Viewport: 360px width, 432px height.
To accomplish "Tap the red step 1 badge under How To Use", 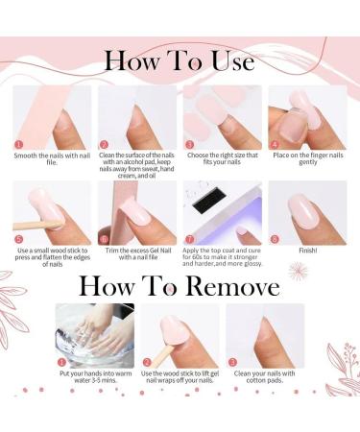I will click(18, 144).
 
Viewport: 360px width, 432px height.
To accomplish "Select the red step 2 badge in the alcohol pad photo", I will click(103, 144).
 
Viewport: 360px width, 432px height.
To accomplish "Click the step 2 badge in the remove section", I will click(146, 363).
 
